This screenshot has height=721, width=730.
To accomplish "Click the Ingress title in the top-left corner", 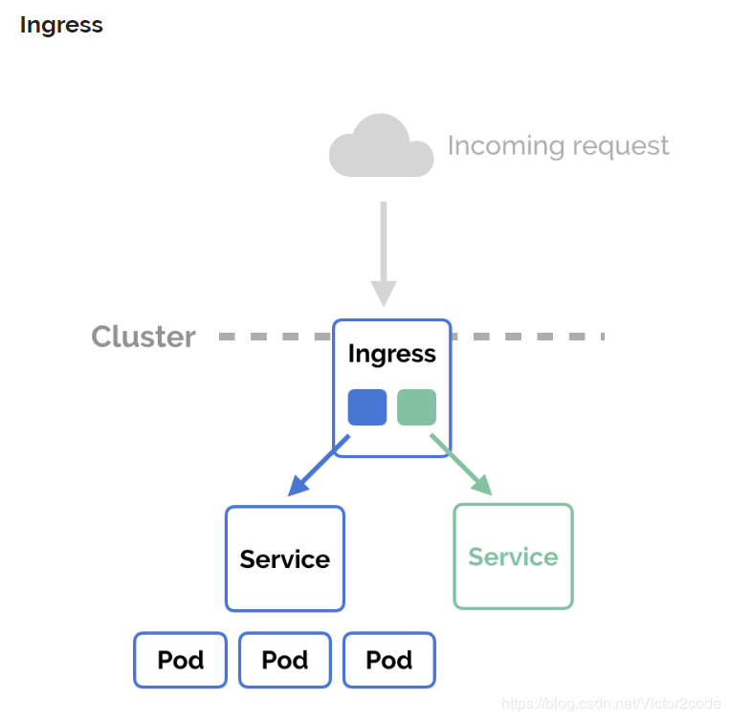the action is pos(61,26).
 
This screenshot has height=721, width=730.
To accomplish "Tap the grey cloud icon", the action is pos(382,145).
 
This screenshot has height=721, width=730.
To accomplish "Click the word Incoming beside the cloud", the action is pos(506,146).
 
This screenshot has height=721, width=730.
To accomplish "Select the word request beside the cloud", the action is pos(621,147).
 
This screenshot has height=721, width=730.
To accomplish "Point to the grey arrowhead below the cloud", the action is pos(384,293).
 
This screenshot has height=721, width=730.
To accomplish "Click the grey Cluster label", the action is pos(144,337).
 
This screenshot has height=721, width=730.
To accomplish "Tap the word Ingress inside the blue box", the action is pos(392,355).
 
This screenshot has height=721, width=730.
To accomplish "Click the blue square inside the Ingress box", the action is pos(367,407).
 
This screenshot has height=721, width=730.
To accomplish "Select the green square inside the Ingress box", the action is pos(417,407).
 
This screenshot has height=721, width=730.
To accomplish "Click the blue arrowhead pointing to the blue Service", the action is pos(298,486).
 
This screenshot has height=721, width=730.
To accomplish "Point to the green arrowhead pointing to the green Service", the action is pos(482,485).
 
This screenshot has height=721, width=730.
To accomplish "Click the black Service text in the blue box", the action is pos(285,559).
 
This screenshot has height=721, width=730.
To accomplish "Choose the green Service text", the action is pos(513,557).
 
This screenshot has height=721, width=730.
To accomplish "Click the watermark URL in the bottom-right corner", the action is pos(610,704).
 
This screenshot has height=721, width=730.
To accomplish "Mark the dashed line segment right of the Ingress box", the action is pos(528,337).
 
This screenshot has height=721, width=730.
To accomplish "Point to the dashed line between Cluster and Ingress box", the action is pos(276,337).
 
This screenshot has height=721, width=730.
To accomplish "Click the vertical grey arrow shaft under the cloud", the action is pos(384,242).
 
